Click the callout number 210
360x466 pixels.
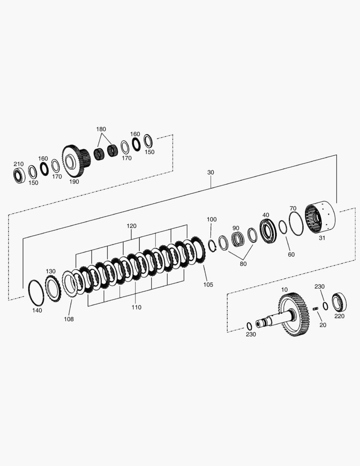(x=19, y=164)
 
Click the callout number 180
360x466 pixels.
(x=101, y=129)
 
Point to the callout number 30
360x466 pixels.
(x=210, y=172)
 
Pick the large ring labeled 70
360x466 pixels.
(x=296, y=224)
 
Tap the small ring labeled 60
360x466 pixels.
(x=283, y=227)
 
